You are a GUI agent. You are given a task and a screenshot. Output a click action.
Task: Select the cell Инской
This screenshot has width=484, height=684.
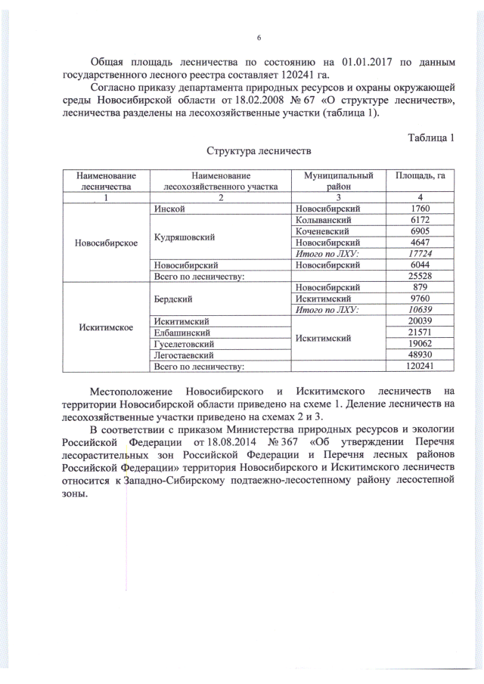click(x=169, y=208)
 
